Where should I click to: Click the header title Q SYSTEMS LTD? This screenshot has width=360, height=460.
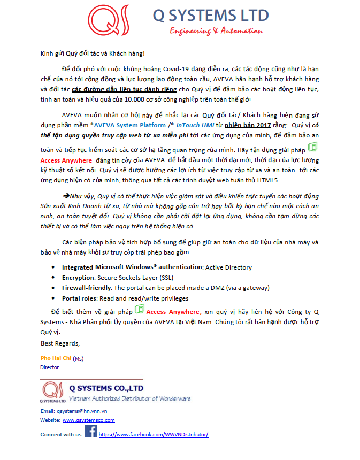click(211, 16)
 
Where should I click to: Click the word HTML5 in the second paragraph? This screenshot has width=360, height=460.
click(270, 180)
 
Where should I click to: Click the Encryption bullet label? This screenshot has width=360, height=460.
click(78, 278)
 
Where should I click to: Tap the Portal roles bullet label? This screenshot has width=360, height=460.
click(79, 298)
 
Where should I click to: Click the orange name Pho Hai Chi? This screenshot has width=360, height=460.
click(56, 358)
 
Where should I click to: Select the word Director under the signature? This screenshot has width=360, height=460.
click(50, 367)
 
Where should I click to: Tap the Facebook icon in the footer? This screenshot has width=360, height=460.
click(91, 432)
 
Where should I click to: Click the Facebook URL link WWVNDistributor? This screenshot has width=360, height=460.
click(154, 435)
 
